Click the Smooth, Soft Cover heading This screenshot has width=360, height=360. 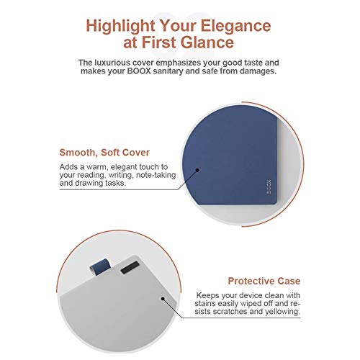coord(105,153)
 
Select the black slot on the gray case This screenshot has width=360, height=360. coord(130,268)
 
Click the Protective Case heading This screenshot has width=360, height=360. coord(264,281)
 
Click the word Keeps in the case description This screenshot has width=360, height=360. coord(209,295)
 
